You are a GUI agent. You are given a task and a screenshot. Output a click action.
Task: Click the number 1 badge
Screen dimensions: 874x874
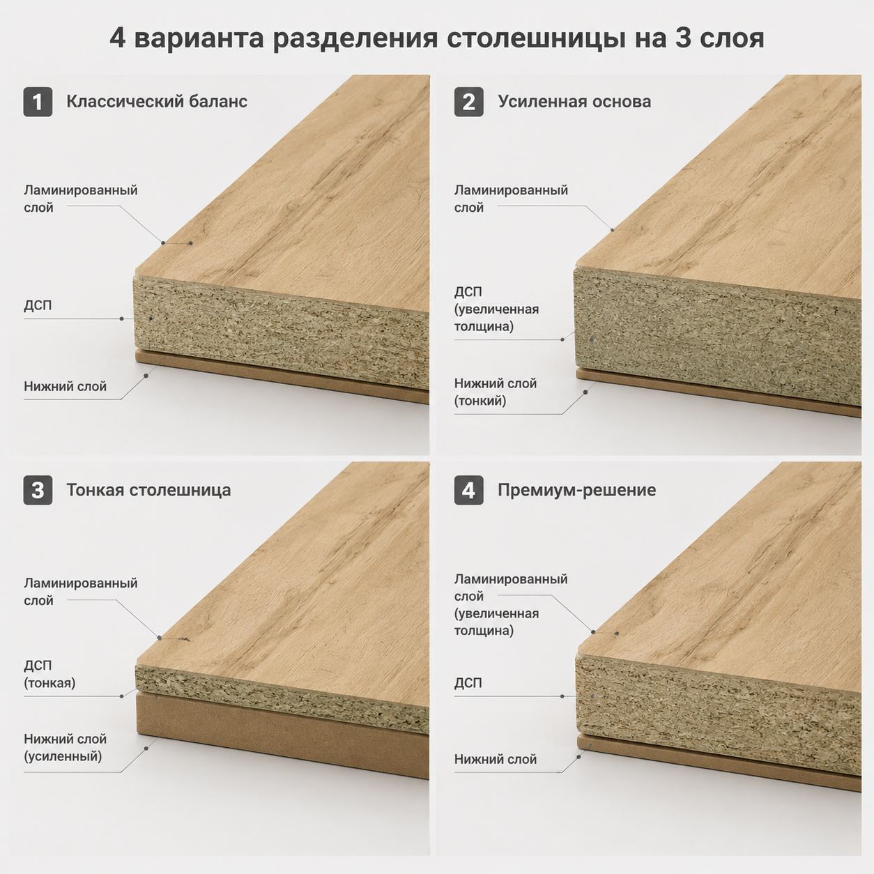tap(38, 102)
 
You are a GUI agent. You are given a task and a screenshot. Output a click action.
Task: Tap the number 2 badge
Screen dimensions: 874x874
tap(468, 102)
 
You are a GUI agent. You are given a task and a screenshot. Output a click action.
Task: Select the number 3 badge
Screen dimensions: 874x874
tap(38, 490)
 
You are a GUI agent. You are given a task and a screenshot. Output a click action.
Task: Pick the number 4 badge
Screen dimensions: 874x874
tap(468, 490)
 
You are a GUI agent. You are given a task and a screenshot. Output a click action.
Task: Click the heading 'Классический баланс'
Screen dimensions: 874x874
tap(157, 101)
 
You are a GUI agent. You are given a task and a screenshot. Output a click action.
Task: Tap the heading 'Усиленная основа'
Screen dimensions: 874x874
tap(574, 101)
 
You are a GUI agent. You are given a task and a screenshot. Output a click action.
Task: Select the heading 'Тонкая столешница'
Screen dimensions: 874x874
tap(148, 490)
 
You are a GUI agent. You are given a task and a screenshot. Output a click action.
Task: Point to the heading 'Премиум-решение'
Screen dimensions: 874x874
tap(577, 490)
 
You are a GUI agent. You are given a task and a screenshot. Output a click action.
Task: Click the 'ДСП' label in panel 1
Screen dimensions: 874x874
tap(38, 305)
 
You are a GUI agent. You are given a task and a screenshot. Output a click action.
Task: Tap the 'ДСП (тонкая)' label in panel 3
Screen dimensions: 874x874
tap(49, 674)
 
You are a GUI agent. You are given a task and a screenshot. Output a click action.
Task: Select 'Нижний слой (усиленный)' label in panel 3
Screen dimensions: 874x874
tap(66, 747)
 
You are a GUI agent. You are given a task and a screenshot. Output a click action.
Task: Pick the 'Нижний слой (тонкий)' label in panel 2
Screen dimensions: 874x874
tap(496, 392)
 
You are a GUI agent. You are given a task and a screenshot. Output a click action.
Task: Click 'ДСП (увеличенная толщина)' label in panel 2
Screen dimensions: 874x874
tap(497, 309)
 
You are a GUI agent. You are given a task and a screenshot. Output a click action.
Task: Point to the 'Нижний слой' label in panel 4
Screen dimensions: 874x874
tap(496, 759)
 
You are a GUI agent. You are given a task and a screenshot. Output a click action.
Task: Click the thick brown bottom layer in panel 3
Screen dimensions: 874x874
tap(281, 735)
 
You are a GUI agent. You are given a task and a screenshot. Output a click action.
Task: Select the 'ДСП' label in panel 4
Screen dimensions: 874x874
tap(468, 683)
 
